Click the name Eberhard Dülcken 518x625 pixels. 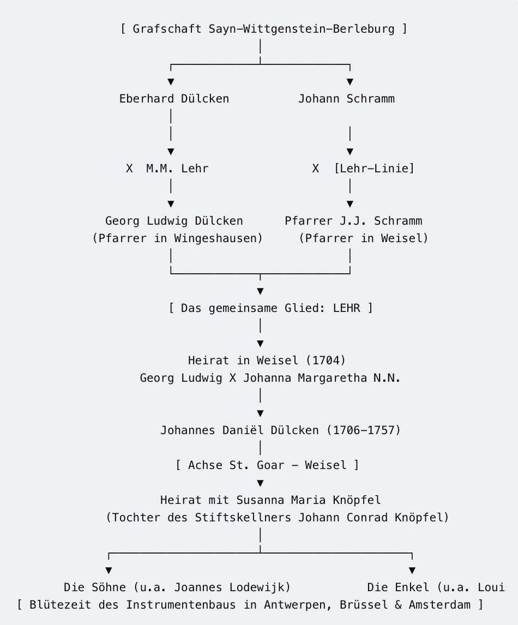click(174, 99)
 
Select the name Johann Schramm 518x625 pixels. click(347, 99)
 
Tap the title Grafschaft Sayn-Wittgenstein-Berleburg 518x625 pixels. click(264, 29)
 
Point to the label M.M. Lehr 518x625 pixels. click(177, 168)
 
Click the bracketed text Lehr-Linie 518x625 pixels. click(374, 168)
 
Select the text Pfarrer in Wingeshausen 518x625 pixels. click(178, 238)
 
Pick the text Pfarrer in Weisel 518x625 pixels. click(364, 238)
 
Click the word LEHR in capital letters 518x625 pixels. click(347, 308)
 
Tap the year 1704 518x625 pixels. click(326, 360)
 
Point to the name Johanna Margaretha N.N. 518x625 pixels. click(322, 378)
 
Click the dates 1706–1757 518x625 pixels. click(364, 430)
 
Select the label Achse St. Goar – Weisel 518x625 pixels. click(267, 465)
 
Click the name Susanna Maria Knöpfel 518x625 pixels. click(309, 500)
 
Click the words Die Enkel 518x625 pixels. click(398, 587)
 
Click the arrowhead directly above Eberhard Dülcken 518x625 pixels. click(171, 82)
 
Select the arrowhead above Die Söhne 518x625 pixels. click(109, 570)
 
